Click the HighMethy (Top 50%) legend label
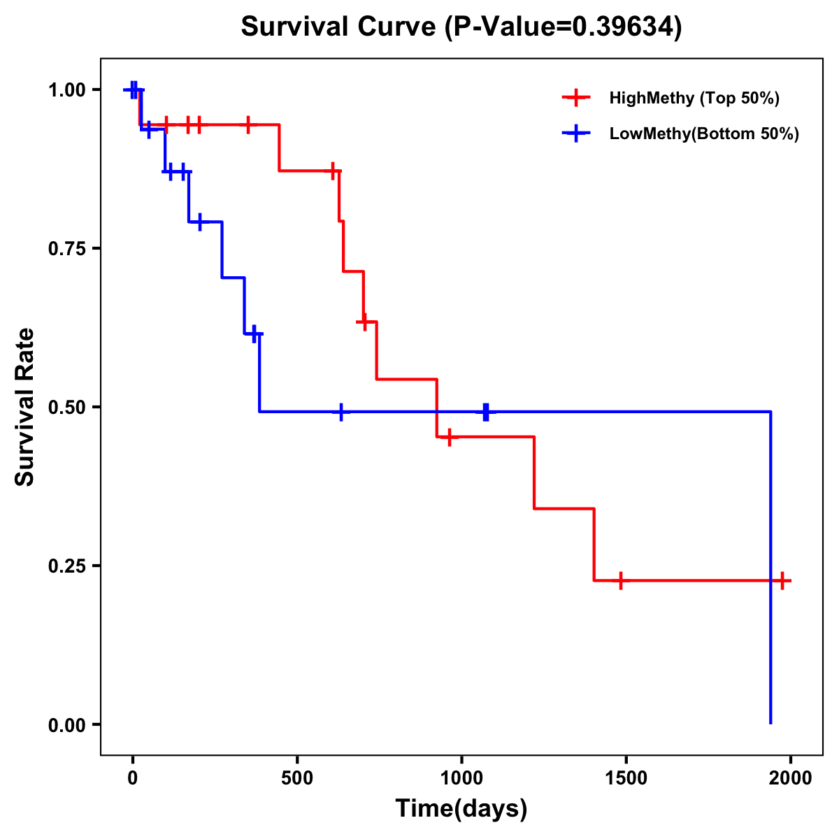[x=694, y=98]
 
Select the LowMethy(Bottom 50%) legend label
[x=703, y=134]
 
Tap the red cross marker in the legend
[x=575, y=98]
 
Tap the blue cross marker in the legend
[x=575, y=134]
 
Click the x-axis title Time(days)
[x=461, y=809]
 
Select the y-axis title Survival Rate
[x=25, y=407]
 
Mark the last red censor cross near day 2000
[x=782, y=580]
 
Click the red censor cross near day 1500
[x=620, y=580]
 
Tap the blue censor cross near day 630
[x=340, y=412]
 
